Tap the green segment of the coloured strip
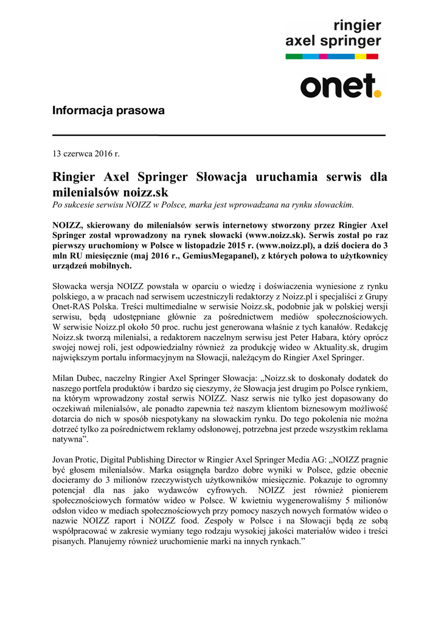pyautogui.click(x=294, y=56)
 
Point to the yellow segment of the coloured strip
pyautogui.click(x=360, y=56)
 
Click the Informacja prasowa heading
pyautogui.click(x=108, y=111)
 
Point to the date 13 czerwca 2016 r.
pyautogui.click(x=86, y=154)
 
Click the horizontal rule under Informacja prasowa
pyautogui.click(x=220, y=135)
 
